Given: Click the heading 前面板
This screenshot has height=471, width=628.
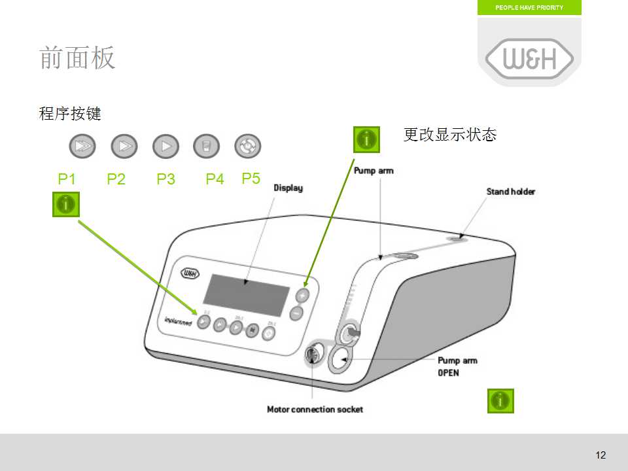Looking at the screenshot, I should click(77, 58).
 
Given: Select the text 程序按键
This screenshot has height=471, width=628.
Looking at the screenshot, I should click(70, 114).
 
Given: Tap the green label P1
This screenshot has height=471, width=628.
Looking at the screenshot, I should click(67, 179).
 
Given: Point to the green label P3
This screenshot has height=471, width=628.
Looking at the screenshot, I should click(166, 179).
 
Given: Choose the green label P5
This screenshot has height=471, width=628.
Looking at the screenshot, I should click(251, 178).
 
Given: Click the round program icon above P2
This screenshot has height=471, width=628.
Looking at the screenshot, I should click(124, 147).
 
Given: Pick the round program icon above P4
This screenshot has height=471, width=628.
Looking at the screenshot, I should click(206, 147).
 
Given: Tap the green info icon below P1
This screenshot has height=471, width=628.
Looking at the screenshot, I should click(66, 204).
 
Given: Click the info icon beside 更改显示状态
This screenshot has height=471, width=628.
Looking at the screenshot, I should click(366, 139).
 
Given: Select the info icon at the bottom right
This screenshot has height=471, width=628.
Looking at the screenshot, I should click(500, 400).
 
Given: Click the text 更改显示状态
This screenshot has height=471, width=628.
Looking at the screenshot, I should click(450, 135).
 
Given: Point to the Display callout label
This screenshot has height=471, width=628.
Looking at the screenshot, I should click(288, 188).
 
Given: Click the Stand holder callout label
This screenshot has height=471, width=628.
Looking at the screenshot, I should click(510, 192).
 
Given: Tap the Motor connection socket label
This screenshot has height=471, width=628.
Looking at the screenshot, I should click(315, 410).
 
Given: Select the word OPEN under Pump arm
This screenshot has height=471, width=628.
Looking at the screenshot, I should click(448, 373).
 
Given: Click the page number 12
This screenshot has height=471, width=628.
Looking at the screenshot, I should click(601, 455).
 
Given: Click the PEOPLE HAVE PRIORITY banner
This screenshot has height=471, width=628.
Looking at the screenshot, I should click(529, 8).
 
